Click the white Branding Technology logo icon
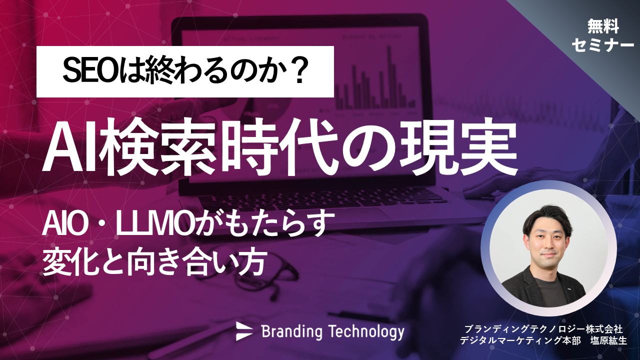[244, 330]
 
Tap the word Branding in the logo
[292, 331]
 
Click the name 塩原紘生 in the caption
[608, 340]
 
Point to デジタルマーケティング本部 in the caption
[520, 340]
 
